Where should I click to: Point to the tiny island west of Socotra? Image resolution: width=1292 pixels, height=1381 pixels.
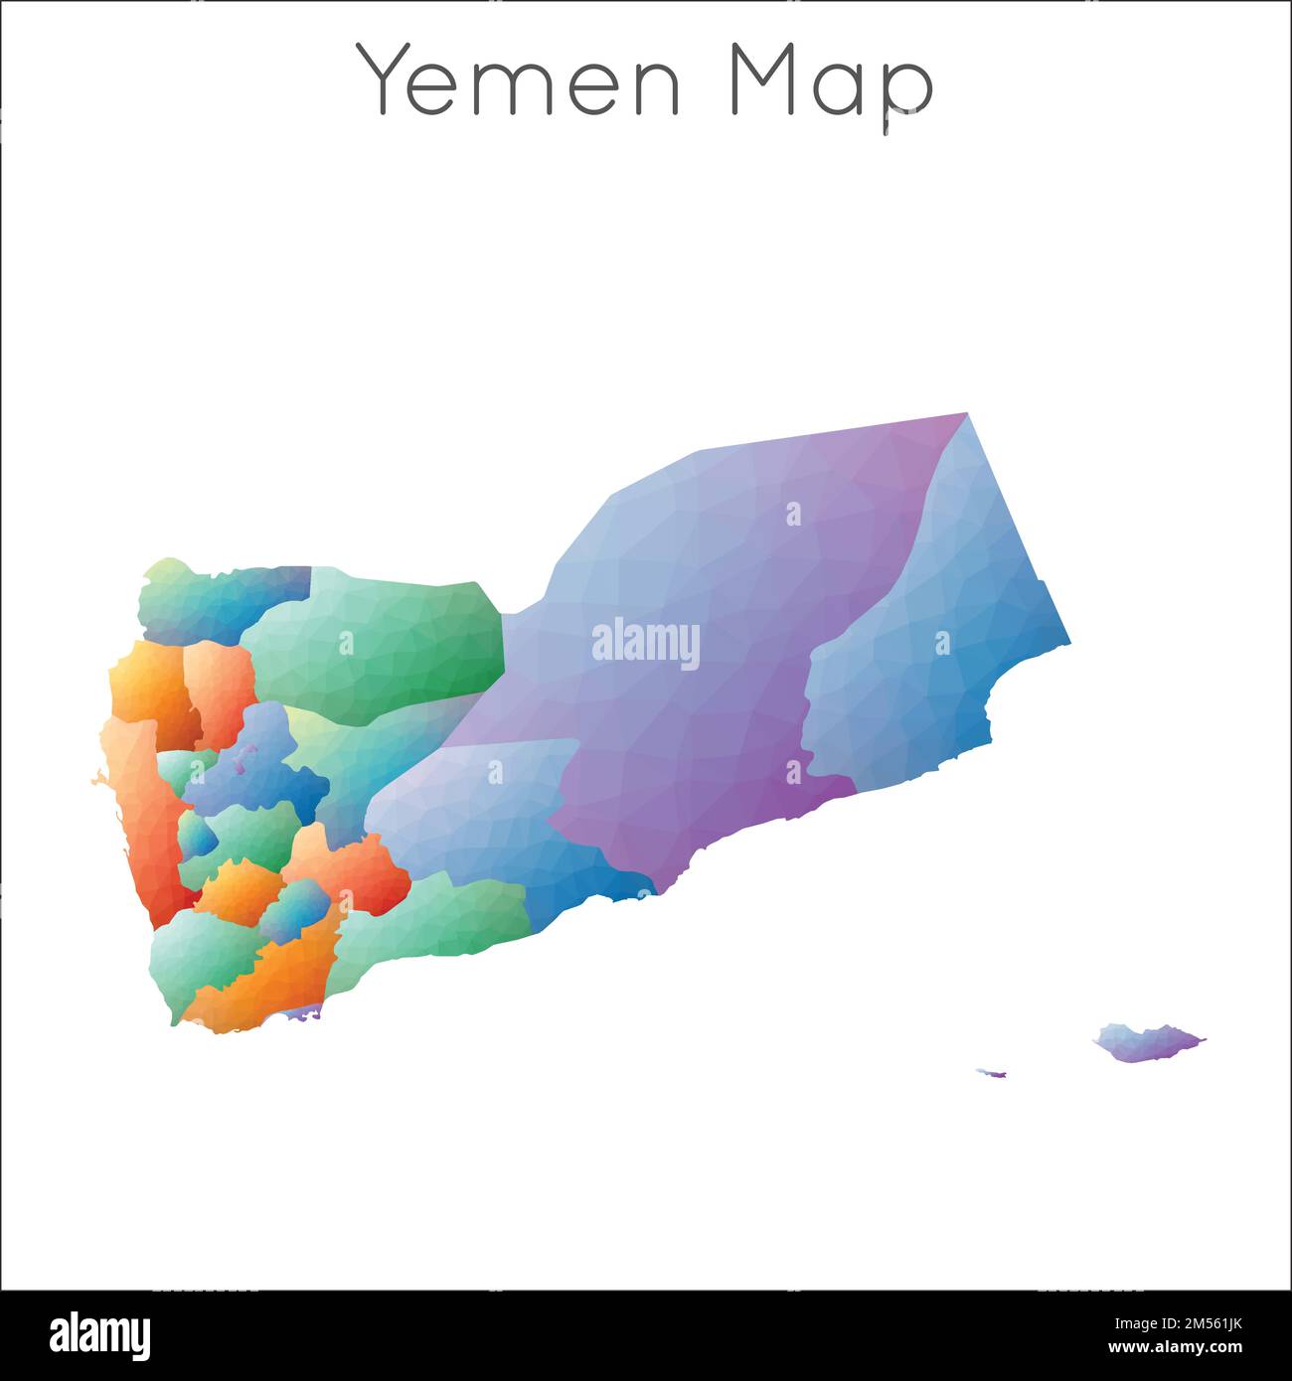993,1073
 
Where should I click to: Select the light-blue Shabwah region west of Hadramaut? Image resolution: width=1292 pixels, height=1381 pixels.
497,805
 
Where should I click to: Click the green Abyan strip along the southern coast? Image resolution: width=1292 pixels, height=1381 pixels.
437,924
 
